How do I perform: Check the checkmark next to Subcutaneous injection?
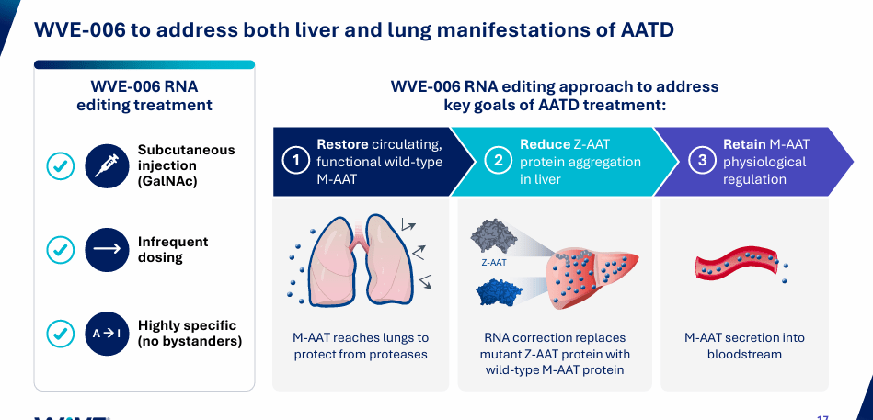click(x=61, y=165)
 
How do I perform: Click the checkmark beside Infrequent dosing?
click(x=61, y=249)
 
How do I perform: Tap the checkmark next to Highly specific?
click(x=61, y=333)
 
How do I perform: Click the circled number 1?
click(x=295, y=161)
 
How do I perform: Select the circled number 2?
click(x=499, y=161)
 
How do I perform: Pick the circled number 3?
click(x=702, y=161)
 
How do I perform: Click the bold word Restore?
click(x=342, y=144)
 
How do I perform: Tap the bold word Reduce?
click(x=545, y=144)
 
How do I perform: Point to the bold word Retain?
click(x=744, y=144)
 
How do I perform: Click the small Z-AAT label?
click(x=495, y=262)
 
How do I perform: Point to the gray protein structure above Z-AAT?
click(x=494, y=237)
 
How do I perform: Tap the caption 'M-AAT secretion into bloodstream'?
click(x=743, y=346)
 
